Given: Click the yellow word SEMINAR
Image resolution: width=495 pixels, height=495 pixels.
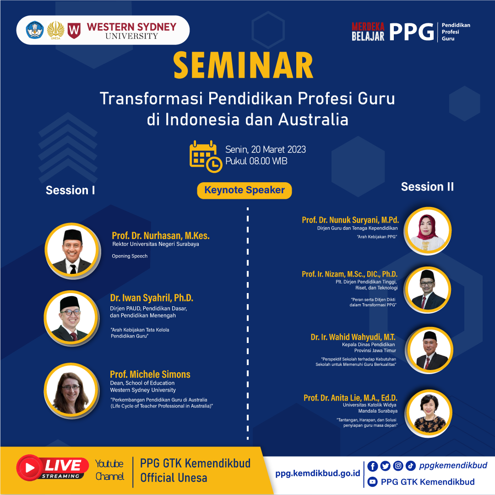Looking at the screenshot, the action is coord(243,65).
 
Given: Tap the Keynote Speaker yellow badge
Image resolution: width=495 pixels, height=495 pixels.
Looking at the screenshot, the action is coord(245,190).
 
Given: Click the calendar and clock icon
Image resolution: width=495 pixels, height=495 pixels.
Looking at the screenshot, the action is coord(206,157).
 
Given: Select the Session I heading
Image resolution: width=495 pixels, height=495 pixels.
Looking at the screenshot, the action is coord(71,190).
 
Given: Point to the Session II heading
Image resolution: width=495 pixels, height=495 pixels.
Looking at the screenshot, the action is coord(427,187).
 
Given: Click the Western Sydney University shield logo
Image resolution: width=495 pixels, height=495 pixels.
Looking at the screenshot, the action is coord(74,30).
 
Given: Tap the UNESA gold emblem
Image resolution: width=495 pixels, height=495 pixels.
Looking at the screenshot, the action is coord(55,30).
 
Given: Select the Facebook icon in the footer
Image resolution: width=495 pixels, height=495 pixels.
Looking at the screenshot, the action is coord(373,466).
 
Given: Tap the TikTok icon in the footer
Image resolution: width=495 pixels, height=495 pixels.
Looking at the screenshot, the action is coord(410,466).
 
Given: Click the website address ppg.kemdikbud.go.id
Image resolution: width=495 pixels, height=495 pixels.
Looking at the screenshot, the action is coord(318,473).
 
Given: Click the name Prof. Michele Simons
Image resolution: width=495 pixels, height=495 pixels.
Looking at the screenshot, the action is coord(150,375).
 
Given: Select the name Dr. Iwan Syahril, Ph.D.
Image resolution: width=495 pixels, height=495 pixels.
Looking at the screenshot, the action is coord(152,298).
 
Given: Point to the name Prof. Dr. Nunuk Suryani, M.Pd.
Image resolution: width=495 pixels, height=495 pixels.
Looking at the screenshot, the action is coord(350,220).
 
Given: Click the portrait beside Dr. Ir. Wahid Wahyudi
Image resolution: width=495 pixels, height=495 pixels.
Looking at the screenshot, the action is coord(429,350).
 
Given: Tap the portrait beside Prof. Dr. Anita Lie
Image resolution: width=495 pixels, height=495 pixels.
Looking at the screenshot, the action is coord(429,413).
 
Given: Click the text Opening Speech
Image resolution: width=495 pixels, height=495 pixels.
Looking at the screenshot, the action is coord(130,256).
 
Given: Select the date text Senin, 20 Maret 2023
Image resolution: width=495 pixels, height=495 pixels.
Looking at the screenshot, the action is coord(266,150).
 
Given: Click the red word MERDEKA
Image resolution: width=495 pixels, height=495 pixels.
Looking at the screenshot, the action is coord(368,27).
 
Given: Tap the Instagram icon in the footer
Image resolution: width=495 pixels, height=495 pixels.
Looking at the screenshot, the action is coord(398,466).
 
